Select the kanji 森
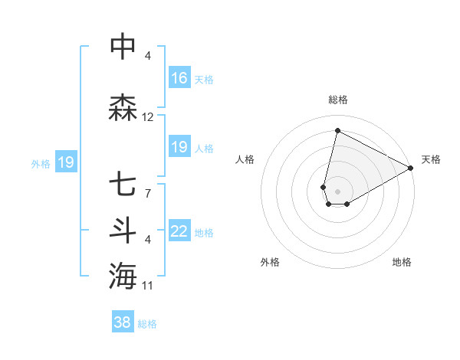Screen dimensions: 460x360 pyautogui.click(x=123, y=108)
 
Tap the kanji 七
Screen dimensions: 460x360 pyautogui.click(x=123, y=184)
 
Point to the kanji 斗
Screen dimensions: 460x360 pyautogui.click(x=123, y=231)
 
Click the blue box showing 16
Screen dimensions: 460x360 pyautogui.click(x=179, y=78)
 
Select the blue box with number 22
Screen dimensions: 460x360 pyautogui.click(x=179, y=232)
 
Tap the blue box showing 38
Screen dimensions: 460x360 pyautogui.click(x=123, y=323)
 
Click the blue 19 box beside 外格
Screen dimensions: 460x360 pyautogui.click(x=65, y=162)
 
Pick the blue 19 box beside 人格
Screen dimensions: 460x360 pyautogui.click(x=179, y=148)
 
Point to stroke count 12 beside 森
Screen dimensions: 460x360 pyautogui.click(x=148, y=117)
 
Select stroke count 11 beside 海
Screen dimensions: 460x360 pyautogui.click(x=148, y=286)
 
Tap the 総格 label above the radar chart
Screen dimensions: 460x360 pyautogui.click(x=337, y=100)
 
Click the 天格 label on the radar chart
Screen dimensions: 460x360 pyautogui.click(x=431, y=159)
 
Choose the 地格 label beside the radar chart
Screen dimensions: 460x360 pyautogui.click(x=402, y=262)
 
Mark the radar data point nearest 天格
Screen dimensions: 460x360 pyautogui.click(x=411, y=168)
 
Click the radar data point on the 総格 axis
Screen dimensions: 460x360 pyautogui.click(x=337, y=130)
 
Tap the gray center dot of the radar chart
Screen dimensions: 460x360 pyautogui.click(x=337, y=191)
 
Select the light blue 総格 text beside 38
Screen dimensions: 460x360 pyautogui.click(x=147, y=324)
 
